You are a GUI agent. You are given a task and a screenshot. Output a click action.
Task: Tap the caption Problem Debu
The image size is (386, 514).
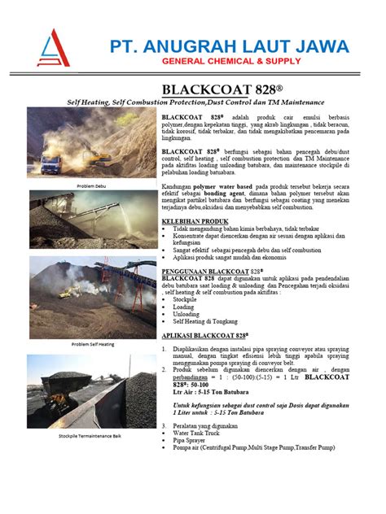click(x=91, y=186)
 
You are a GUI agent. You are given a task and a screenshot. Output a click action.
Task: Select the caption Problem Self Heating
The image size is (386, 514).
click(x=92, y=344)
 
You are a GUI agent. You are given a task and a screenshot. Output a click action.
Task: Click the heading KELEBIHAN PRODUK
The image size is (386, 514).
click(x=195, y=221)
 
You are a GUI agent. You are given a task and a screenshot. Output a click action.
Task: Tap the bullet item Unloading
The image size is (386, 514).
click(x=186, y=314)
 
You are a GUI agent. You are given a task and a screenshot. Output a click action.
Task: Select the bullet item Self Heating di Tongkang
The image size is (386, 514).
click(x=205, y=321)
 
